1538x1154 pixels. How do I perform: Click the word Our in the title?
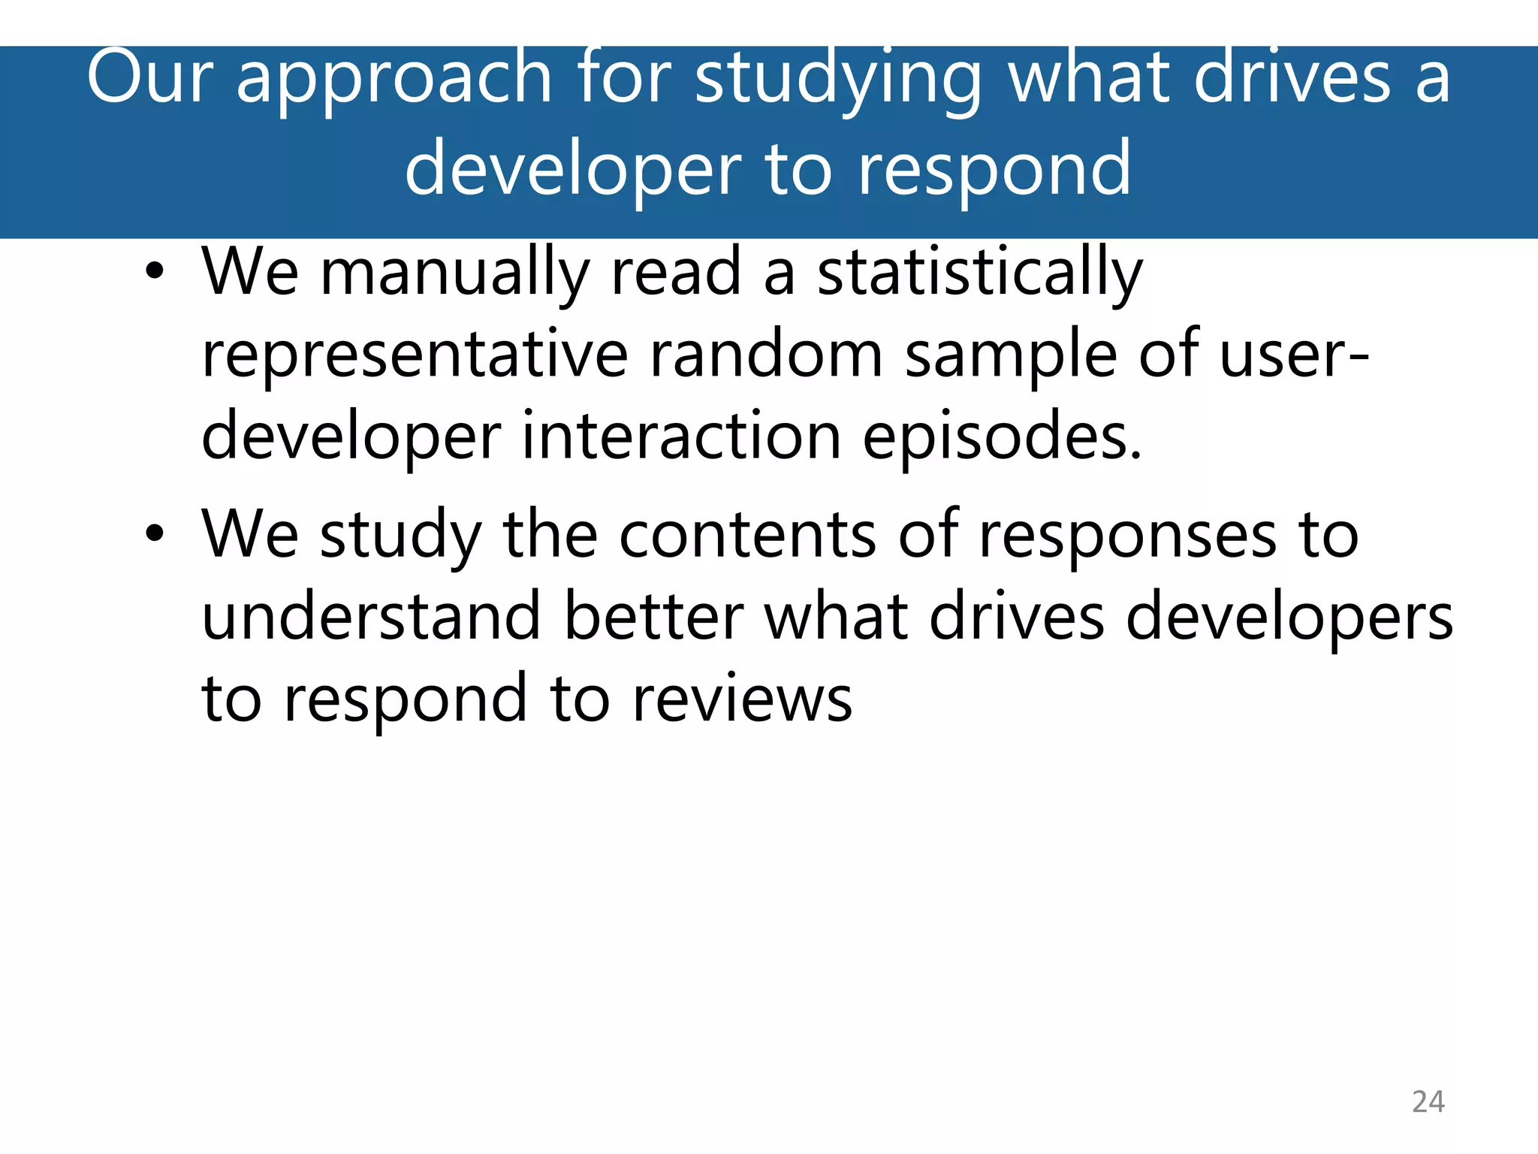pos(150,77)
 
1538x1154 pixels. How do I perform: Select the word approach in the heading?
pos(395,78)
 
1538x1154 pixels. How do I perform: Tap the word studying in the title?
pos(837,78)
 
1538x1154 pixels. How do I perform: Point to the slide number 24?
pos(1428,1101)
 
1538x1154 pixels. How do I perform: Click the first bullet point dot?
pos(155,272)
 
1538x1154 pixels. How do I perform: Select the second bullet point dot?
pos(155,534)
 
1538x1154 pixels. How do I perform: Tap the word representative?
pos(415,355)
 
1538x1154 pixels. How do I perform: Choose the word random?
pos(766,355)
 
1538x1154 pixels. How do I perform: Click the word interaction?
pos(681,437)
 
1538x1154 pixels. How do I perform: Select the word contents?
pos(747,535)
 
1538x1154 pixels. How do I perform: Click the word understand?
pos(372,617)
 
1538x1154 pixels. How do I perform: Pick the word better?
pos(653,617)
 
